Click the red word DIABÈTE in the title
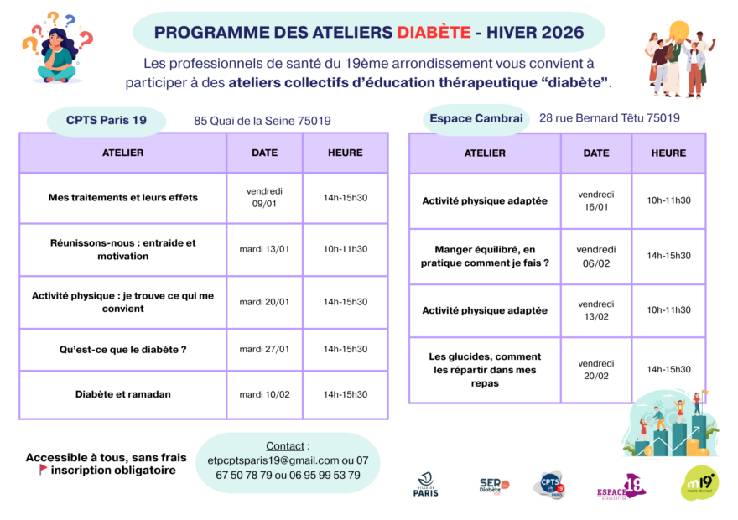[434, 33]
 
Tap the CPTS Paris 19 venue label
[107, 121]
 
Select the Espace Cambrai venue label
[476, 118]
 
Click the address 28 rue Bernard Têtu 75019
[610, 117]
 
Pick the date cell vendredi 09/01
[264, 198]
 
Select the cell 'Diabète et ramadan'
[122, 394]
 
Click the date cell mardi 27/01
[264, 349]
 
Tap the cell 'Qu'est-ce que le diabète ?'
[122, 350]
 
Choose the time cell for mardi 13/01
[346, 249]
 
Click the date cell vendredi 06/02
[596, 257]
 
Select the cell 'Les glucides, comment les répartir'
[485, 370]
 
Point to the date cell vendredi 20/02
[596, 370]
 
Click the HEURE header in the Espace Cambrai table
[669, 153]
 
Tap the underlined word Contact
[285, 445]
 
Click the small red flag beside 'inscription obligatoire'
[43, 469]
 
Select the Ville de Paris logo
[426, 485]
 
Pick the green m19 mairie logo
[700, 483]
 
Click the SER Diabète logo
[494, 486]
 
